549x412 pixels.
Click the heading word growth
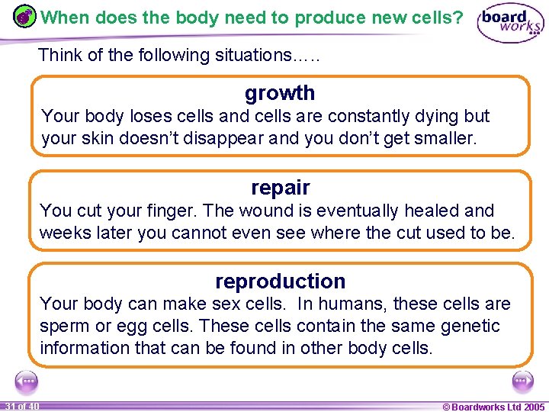tap(280, 93)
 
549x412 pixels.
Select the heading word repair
tap(280, 188)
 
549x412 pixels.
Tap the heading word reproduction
tap(280, 282)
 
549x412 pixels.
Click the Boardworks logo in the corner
tap(510, 24)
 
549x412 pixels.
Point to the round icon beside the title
tap(25, 18)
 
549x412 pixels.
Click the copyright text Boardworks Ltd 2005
tap(494, 407)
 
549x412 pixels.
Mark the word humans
tap(353, 304)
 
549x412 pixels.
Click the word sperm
tap(65, 327)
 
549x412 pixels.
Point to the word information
tap(84, 349)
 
